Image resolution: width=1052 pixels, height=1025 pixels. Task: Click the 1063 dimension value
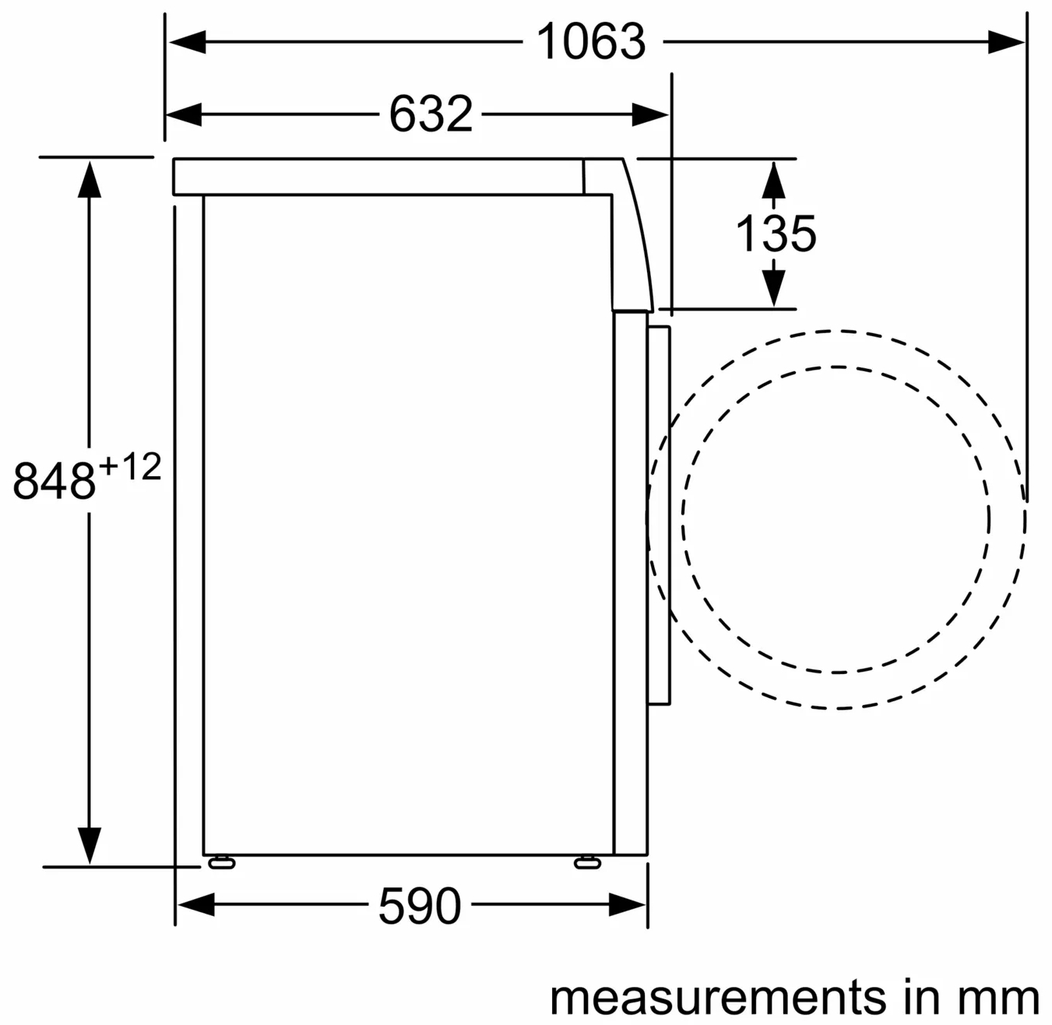click(x=591, y=41)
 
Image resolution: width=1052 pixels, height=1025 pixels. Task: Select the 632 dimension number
click(x=431, y=114)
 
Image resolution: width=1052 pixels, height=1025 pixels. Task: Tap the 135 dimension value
click(x=776, y=233)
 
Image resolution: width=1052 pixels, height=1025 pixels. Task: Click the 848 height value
click(x=54, y=481)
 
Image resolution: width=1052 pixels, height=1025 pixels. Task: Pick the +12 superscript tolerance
click(x=130, y=466)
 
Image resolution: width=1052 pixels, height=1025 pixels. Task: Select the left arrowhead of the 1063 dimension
click(x=187, y=41)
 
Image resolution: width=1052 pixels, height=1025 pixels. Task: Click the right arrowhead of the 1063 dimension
click(x=1006, y=41)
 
